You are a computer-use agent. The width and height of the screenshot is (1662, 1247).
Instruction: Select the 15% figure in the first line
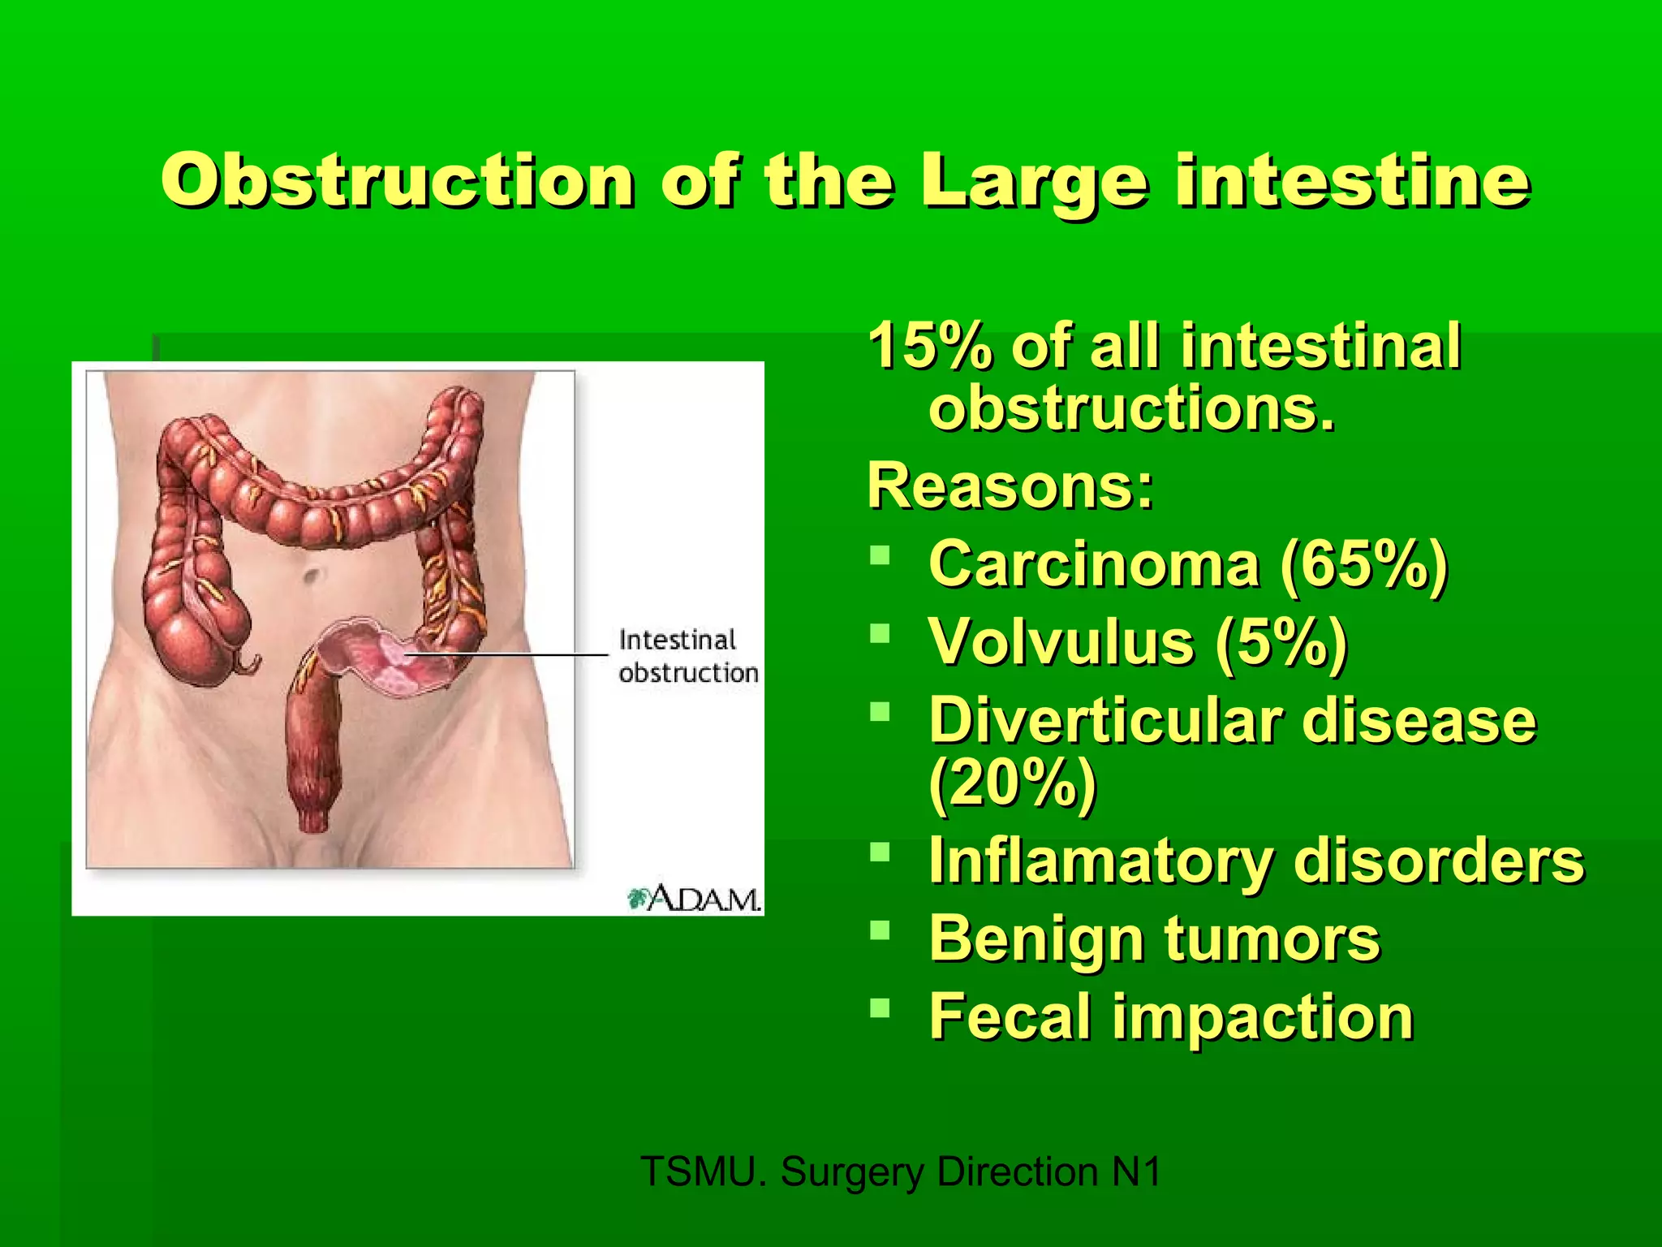point(929,347)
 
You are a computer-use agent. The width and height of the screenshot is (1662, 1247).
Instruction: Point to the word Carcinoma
point(1094,564)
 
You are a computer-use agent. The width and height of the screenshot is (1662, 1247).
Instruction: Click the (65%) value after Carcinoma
point(1363,566)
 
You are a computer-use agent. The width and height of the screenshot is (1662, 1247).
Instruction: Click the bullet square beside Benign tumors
point(880,929)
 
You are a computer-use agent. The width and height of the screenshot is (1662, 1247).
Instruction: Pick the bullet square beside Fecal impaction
point(880,1008)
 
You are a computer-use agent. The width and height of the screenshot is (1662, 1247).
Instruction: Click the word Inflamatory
point(1100,861)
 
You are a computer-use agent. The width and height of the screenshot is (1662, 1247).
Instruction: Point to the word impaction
point(1262,1018)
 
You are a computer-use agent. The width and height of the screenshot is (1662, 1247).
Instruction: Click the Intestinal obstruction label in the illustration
point(687,656)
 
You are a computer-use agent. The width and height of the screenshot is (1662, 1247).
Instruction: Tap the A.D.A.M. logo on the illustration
point(695,899)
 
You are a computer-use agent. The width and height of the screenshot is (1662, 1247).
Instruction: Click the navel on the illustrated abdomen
point(311,576)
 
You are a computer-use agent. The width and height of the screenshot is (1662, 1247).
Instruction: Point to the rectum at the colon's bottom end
point(312,804)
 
